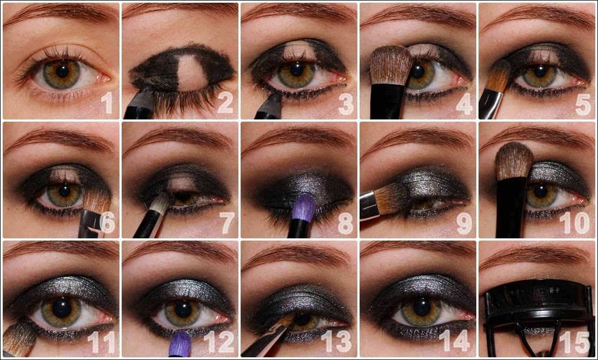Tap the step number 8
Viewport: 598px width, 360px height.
(345, 223)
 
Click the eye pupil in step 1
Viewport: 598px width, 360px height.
(62, 71)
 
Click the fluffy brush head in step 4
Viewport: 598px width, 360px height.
(391, 65)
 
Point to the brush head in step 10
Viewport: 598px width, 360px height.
(514, 161)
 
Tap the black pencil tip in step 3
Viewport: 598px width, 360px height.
(274, 99)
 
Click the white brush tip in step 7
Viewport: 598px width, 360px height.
(160, 202)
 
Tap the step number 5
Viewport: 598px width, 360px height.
(583, 104)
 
